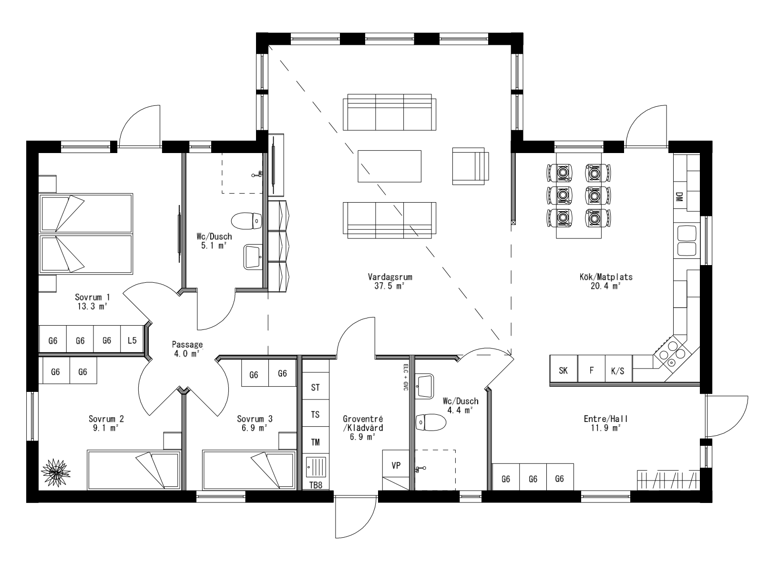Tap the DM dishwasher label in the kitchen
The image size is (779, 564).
tap(679, 196)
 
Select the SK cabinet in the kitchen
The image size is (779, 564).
tap(564, 370)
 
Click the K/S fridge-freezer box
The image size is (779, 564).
tap(618, 370)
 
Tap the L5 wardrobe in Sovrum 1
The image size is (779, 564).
tap(132, 340)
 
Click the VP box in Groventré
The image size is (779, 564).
tap(396, 465)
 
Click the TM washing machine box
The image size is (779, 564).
tap(315, 442)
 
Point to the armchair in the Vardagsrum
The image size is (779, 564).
tap(470, 165)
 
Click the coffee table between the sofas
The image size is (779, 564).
tap(389, 166)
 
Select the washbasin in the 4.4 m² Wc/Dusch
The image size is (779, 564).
tap(425, 385)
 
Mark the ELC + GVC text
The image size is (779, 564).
tap(405, 378)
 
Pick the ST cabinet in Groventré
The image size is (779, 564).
tap(315, 387)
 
